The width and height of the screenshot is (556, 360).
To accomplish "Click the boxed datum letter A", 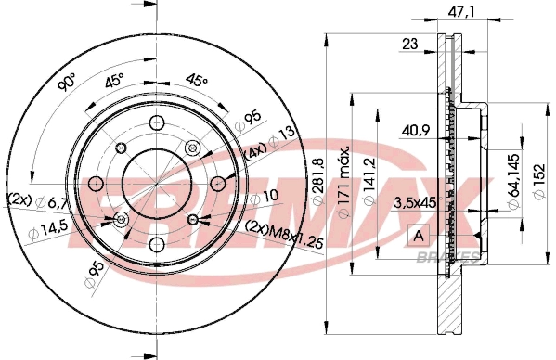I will pyautogui.click(x=417, y=235).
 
